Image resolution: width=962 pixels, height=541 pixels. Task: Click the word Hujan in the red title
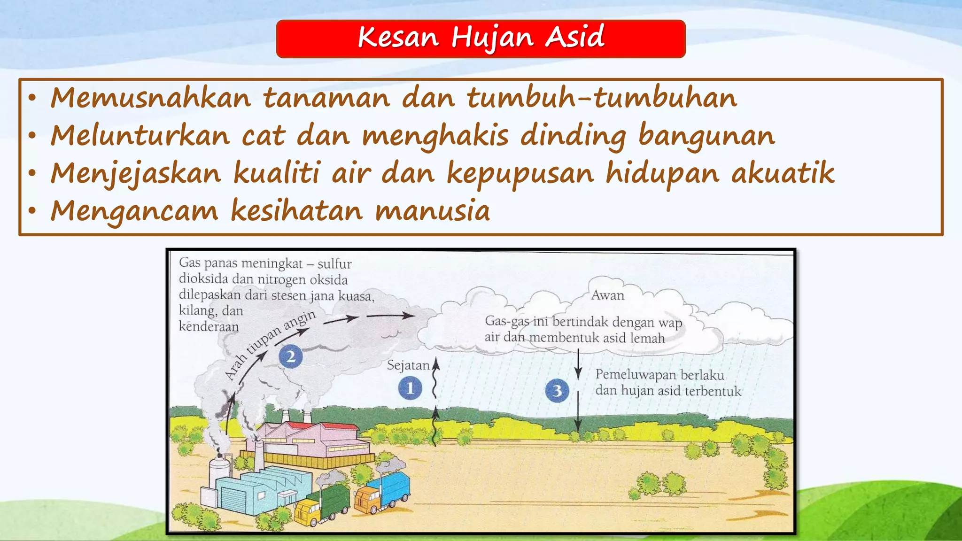(492, 38)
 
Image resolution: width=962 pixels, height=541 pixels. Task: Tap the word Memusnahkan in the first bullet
(150, 98)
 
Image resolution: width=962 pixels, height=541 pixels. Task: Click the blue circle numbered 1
(410, 388)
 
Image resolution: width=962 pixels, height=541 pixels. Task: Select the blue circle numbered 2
(291, 356)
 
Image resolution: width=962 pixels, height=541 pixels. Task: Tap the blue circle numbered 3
(557, 391)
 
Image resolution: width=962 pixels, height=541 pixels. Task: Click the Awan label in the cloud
(608, 295)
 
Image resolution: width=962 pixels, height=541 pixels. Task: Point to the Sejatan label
(408, 365)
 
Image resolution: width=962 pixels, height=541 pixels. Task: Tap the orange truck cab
(368, 499)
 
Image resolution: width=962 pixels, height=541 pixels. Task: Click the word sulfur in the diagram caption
(334, 264)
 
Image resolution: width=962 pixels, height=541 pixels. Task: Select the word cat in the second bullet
(263, 136)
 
